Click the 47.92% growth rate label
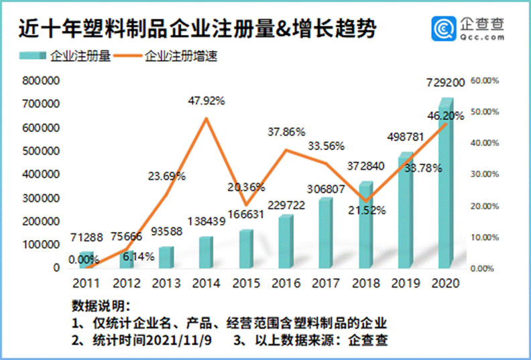tap(206, 101)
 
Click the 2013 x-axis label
tap(164, 283)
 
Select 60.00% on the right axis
tap(485, 80)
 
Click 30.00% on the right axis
tap(485, 174)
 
